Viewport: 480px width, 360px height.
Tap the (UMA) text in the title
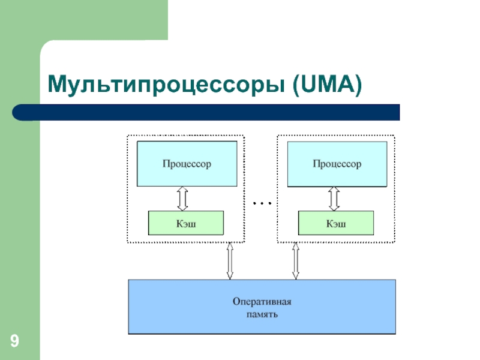point(327,85)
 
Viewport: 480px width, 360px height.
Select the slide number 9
point(14,343)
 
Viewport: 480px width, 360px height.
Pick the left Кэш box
point(186,223)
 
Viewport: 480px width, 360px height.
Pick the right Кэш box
point(336,223)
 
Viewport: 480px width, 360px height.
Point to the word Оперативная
point(262,301)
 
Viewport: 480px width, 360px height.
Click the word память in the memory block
point(262,314)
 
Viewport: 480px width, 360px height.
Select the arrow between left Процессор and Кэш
point(182,198)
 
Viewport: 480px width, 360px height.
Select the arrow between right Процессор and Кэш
point(334,198)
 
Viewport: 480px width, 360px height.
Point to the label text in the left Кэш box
point(186,224)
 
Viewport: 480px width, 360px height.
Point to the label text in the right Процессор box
point(337,163)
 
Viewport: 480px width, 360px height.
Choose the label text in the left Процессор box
point(187,163)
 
